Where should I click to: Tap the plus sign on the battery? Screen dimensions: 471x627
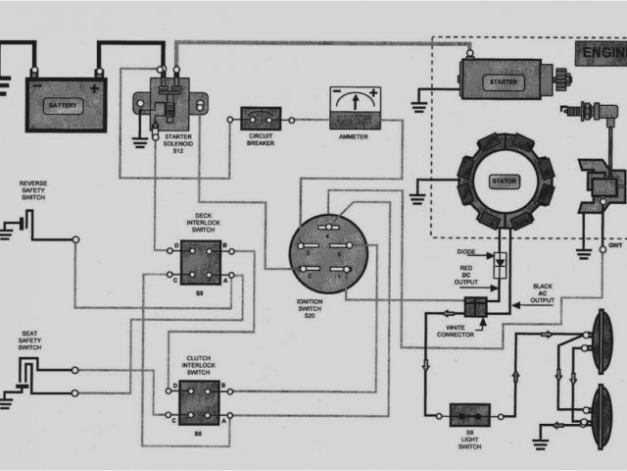pos(94,89)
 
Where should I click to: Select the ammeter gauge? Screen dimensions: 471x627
pos(354,103)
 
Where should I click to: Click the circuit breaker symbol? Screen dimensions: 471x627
pos(261,120)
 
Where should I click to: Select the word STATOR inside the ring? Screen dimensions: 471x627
pos(506,181)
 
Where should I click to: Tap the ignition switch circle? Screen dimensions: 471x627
pos(328,254)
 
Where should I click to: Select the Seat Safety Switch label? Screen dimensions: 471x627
pos(30,340)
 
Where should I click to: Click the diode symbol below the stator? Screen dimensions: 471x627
pos(500,263)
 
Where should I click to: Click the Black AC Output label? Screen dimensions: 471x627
pos(541,292)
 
